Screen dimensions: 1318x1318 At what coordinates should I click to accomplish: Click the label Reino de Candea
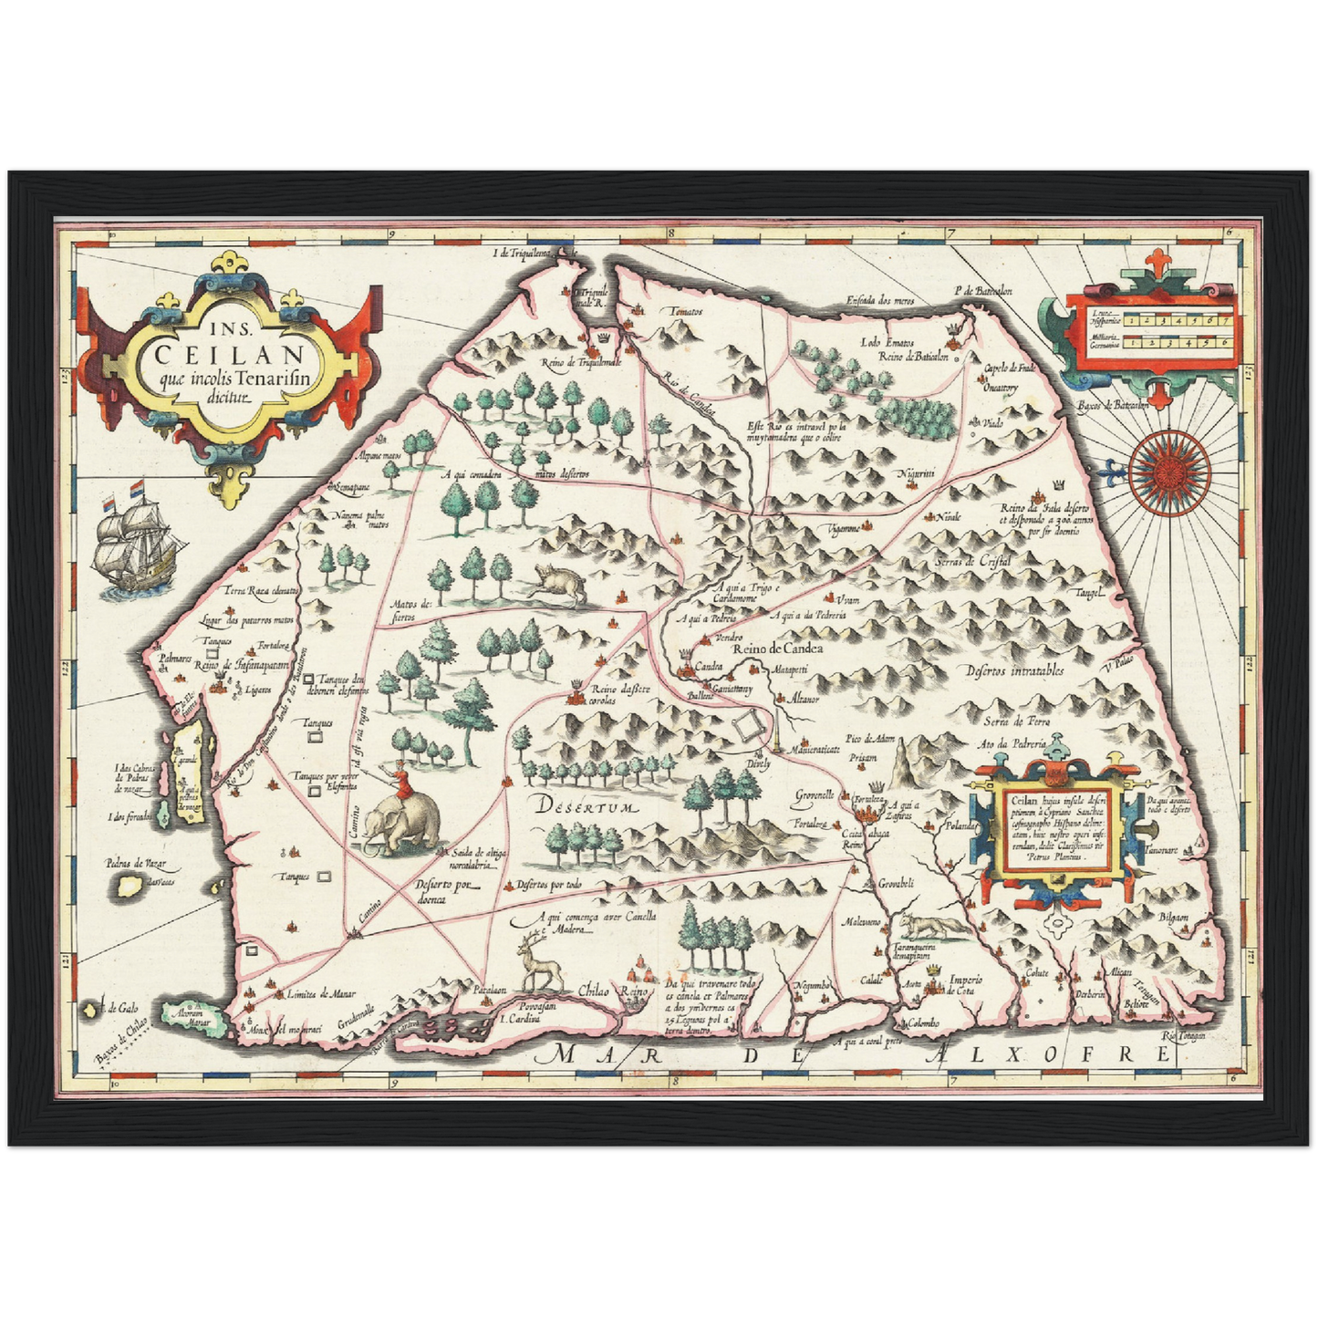pyautogui.click(x=777, y=649)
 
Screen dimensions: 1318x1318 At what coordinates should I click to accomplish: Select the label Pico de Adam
pyautogui.click(x=868, y=737)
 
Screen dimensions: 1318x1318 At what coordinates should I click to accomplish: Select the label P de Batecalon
pyautogui.click(x=982, y=291)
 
